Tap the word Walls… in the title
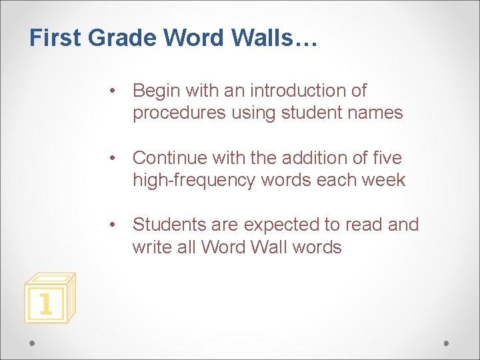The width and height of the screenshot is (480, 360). click(275, 38)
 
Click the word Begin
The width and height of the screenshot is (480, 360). click(157, 91)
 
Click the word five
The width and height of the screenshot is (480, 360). click(387, 158)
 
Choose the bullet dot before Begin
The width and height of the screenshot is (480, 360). click(115, 91)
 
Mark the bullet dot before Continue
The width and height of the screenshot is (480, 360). click(115, 159)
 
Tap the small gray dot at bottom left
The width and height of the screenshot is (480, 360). click(33, 343)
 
